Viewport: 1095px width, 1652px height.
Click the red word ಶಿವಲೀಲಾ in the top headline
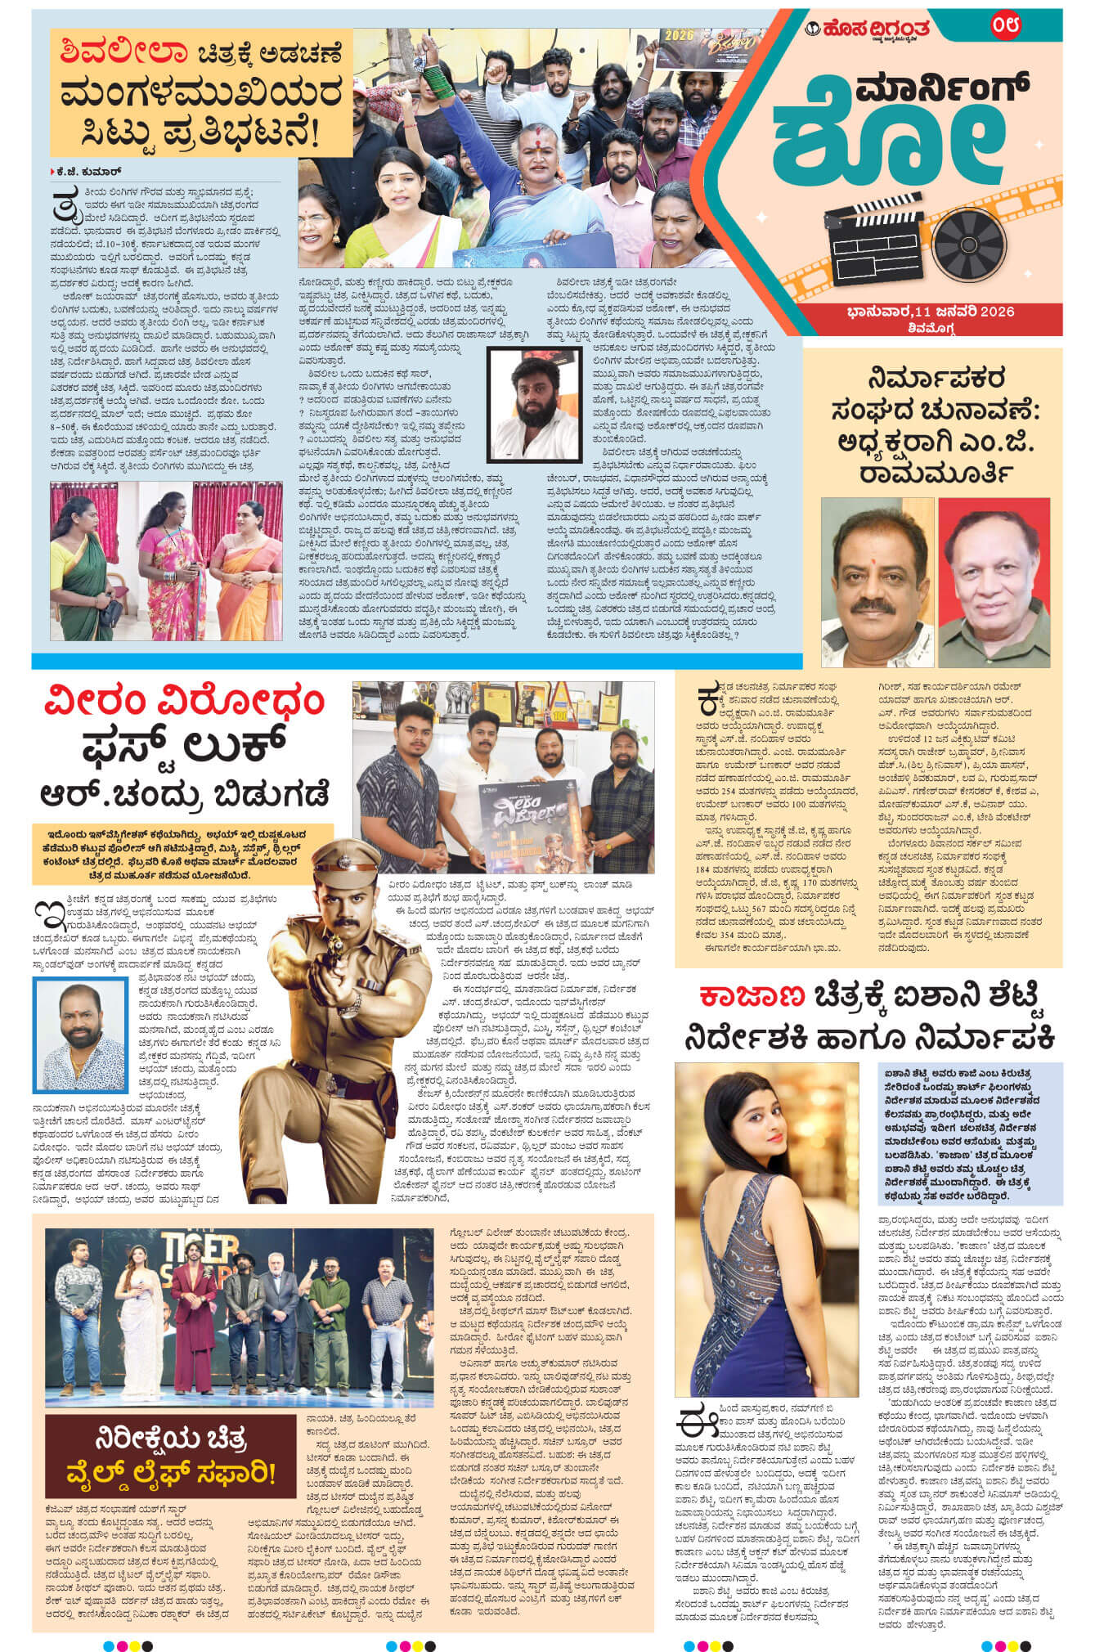[x=117, y=54]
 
